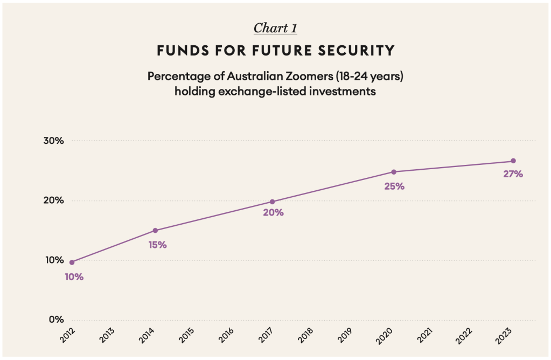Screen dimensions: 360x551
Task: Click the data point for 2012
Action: [x=72, y=262]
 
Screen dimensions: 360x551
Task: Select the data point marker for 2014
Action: [x=155, y=230]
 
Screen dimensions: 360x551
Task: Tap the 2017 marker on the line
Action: [x=272, y=202]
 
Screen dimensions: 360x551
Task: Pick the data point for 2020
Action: [x=394, y=172]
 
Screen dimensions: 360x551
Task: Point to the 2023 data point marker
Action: [x=513, y=161]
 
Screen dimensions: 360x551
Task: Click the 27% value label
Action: [x=513, y=175]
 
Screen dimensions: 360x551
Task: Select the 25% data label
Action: [x=394, y=186]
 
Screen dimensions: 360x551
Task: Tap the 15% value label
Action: [x=157, y=245]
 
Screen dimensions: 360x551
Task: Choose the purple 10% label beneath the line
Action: [x=74, y=277]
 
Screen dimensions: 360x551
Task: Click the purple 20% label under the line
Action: [x=273, y=212]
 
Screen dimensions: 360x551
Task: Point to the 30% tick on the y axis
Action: [x=53, y=141]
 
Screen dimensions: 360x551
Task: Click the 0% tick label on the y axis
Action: [x=56, y=320]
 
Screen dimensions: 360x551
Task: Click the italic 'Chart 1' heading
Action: [x=275, y=28]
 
